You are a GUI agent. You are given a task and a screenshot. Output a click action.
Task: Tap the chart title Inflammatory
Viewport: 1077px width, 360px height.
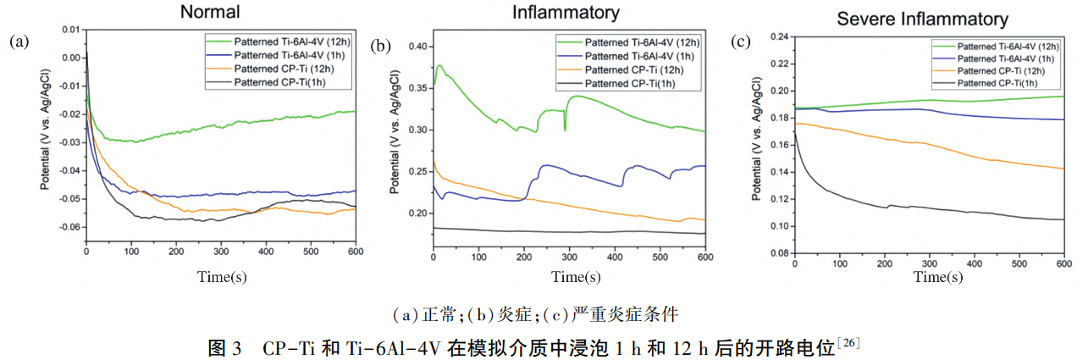[566, 12]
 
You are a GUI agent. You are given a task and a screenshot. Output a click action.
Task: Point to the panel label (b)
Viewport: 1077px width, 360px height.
[380, 45]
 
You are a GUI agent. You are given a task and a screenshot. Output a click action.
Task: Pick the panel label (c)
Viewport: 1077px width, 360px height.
[739, 41]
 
